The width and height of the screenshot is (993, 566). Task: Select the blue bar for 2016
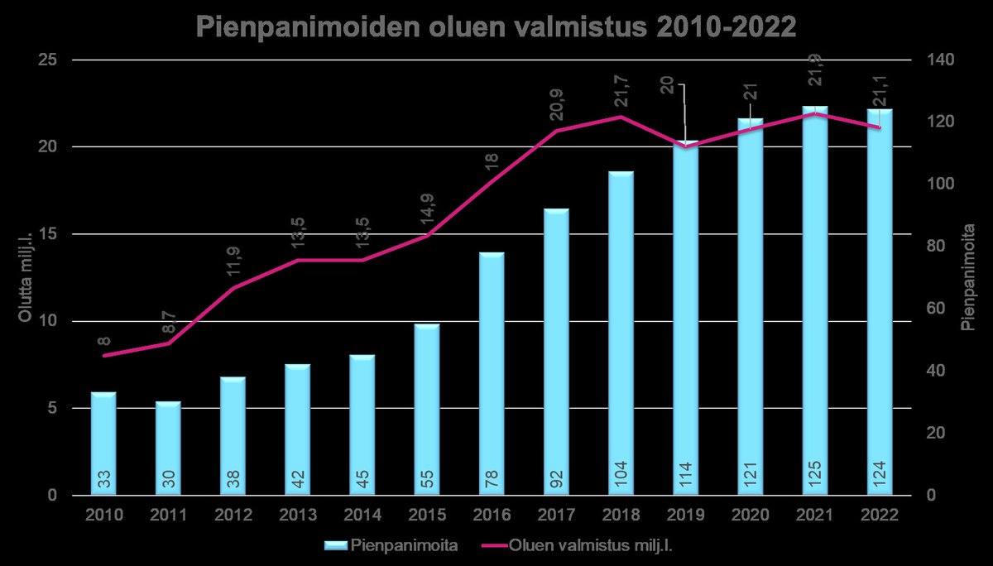tap(492, 372)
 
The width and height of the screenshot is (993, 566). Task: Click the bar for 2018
tap(621, 331)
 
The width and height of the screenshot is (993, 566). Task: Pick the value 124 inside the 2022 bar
tap(880, 477)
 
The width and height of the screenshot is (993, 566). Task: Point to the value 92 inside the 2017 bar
tap(556, 477)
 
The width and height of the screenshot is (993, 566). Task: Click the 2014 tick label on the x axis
tap(362, 516)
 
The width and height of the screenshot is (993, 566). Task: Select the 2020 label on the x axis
tap(750, 516)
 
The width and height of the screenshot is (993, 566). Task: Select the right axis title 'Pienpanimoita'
tap(968, 277)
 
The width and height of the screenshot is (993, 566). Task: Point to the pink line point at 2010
tap(104, 356)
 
